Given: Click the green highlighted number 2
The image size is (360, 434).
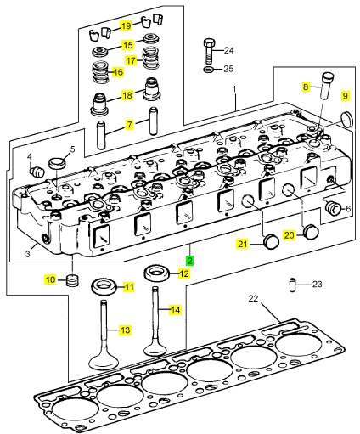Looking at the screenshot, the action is point(189,261).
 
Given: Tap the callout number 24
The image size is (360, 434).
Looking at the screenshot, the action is point(229,50).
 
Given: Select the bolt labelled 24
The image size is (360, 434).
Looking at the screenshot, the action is point(209,51).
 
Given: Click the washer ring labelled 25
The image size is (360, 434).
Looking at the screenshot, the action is point(210,69).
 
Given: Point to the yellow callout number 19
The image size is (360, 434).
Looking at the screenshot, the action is point(127,25).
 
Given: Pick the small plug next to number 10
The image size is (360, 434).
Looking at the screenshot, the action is point(73,280).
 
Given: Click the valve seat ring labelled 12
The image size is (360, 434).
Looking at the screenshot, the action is point(157,273).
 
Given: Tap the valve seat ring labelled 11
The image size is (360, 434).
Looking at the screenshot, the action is point(104,286).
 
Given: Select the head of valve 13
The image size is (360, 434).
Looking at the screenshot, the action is point(104,360).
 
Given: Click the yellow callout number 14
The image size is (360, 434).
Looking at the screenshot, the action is point(175,310).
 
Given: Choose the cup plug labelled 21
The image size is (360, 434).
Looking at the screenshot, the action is point(271,242).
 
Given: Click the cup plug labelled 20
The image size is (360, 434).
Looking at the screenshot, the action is point(311,232).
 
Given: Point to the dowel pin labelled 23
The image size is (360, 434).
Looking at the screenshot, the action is point(292,285).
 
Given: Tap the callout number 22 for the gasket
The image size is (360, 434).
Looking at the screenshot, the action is point(253,298).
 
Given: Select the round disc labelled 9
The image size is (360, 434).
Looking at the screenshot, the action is point(346,120).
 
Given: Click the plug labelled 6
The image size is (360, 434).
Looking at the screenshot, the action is point(332,209).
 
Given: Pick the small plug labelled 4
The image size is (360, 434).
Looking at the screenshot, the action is point(37,172).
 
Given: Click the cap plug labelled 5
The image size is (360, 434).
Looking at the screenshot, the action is point(57,163).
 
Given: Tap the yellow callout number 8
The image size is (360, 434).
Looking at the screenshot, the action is point(306,87).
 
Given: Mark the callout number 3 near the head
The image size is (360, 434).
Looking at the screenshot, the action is point(27,254).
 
